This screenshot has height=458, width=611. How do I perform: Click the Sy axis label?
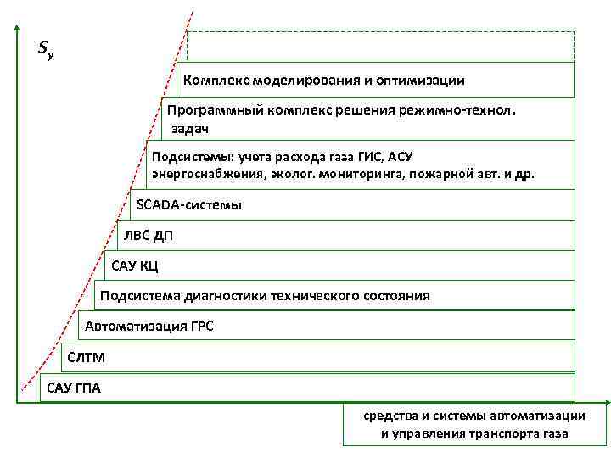point(46,51)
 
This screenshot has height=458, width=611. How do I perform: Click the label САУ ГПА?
point(74,388)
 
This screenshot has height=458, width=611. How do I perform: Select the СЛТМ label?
point(87,357)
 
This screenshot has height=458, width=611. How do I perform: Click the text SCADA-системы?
point(189,204)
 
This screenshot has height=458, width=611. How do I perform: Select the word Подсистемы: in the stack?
point(193,156)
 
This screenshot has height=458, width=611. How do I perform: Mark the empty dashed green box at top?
point(380,46)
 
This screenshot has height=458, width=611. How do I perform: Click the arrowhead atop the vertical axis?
point(16,25)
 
